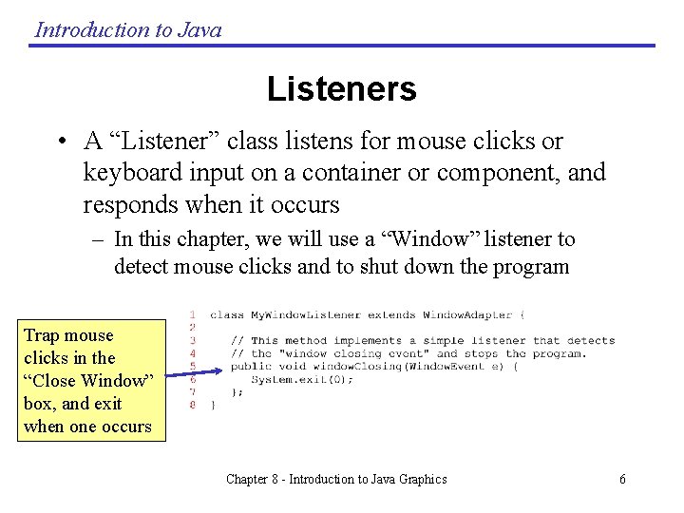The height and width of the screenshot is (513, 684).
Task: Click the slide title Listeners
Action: coord(341,89)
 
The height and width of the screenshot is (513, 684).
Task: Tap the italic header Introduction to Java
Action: coord(128,29)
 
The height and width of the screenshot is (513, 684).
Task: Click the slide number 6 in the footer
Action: coord(622,480)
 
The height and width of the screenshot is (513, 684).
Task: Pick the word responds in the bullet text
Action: coord(124,204)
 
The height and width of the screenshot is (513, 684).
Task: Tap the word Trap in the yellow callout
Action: coord(40,335)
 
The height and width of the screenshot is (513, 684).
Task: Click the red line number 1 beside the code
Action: coord(192,314)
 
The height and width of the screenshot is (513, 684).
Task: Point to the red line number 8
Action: coord(192,405)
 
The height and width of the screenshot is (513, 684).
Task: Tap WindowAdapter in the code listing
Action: coord(466,314)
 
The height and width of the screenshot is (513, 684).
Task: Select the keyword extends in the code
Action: coord(390,314)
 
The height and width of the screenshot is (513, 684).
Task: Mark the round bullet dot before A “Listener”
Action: coord(60,142)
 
